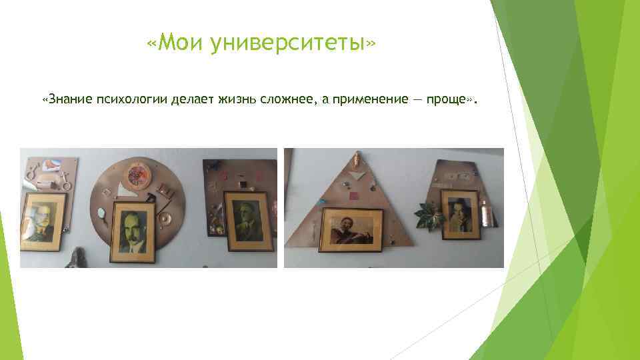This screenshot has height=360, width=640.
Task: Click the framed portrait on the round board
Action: [133, 233]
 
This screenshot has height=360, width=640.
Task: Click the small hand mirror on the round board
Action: [102, 213]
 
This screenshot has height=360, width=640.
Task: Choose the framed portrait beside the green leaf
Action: [461, 214]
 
